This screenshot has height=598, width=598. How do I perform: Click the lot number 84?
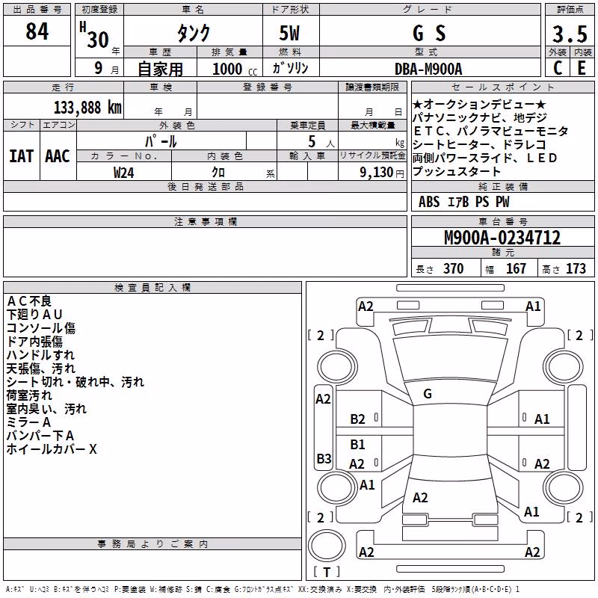[37, 31]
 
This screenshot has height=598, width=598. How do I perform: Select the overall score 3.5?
[570, 34]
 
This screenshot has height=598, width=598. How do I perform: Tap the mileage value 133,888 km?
[87, 108]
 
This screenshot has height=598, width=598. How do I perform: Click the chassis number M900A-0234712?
[502, 238]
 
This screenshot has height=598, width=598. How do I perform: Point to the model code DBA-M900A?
[428, 69]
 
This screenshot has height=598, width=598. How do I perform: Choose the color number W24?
[123, 173]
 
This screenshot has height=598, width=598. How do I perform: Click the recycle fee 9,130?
[376, 173]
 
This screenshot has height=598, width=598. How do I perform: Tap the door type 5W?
[289, 33]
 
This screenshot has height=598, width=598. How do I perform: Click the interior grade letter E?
[582, 68]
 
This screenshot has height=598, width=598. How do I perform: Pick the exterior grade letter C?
[558, 68]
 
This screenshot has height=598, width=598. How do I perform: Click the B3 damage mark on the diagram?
[324, 458]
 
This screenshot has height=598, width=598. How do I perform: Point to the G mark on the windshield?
[428, 394]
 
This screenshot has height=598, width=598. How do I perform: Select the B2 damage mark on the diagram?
[358, 419]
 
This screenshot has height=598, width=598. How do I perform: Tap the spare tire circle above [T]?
[327, 546]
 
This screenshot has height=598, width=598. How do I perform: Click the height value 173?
[576, 269]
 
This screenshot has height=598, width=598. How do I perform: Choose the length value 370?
[454, 269]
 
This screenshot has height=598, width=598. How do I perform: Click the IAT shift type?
[22, 156]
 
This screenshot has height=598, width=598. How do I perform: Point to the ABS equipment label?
[429, 202]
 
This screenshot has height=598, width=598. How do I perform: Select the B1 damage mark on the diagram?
[358, 444]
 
